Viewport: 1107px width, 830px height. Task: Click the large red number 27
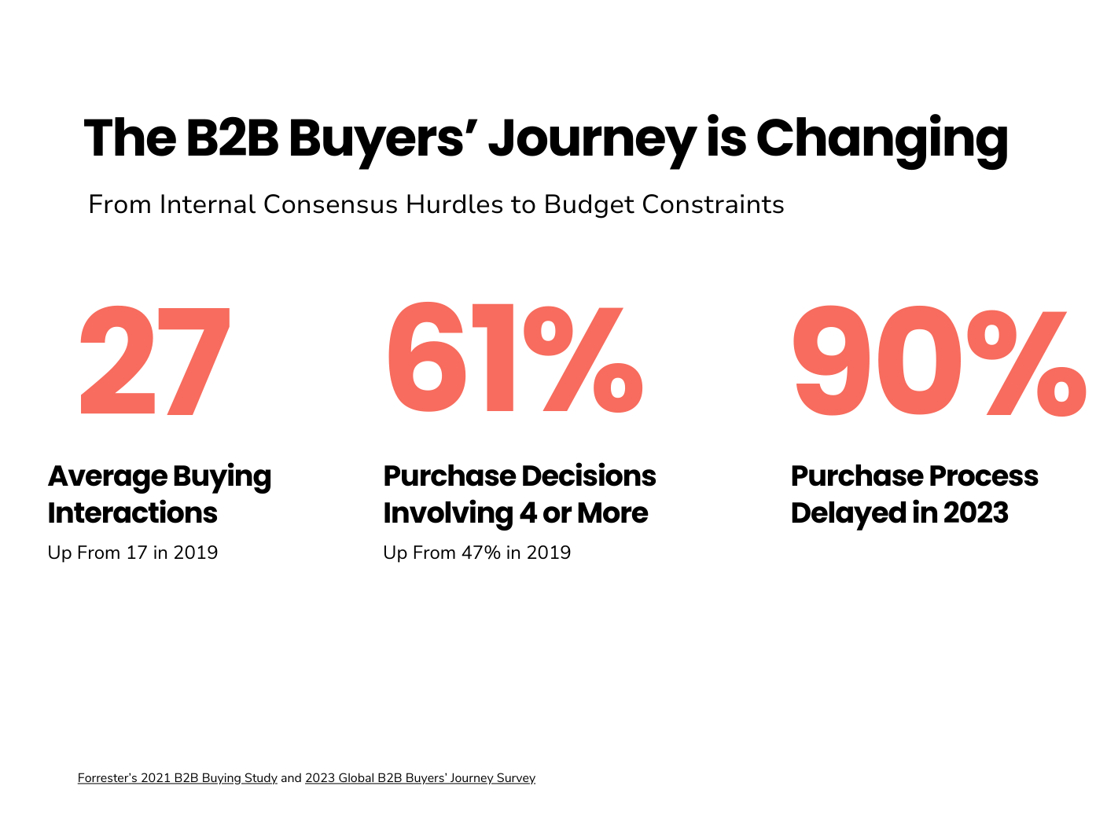click(155, 362)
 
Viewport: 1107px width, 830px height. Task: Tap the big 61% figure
click(514, 360)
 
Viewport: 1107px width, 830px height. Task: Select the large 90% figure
click(939, 362)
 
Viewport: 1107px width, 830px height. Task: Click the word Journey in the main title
click(591, 139)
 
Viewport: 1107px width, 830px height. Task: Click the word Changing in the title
click(881, 139)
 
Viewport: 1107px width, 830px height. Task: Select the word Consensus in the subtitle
click(330, 204)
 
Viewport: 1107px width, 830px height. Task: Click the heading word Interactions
click(132, 512)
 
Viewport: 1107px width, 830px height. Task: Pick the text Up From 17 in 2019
click(133, 553)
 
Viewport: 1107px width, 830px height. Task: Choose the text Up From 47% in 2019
click(476, 553)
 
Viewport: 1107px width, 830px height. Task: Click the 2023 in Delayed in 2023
click(976, 512)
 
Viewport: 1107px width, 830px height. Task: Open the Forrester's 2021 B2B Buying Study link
click(177, 778)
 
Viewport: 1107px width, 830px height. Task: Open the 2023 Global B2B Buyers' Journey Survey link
click(420, 778)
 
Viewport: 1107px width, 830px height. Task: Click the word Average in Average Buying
click(107, 476)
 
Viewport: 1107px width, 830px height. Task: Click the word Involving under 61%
click(447, 513)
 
